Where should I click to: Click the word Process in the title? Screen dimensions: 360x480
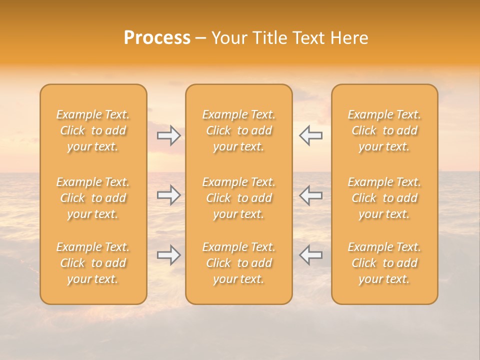tap(157, 38)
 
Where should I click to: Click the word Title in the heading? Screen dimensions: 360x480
tap(268, 38)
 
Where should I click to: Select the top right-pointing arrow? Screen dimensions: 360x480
tap(169, 135)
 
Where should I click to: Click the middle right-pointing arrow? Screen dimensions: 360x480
tap(169, 195)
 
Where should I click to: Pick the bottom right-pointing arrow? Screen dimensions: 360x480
tap(169, 255)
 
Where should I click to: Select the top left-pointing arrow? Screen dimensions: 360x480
tap(310, 135)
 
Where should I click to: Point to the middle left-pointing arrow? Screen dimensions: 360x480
tap(310, 195)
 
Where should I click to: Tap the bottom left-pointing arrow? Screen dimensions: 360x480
tap(310, 255)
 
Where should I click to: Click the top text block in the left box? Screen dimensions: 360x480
tap(93, 130)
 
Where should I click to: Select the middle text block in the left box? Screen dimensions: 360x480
tap(93, 198)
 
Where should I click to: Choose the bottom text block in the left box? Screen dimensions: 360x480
tap(93, 263)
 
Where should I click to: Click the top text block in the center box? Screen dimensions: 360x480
tap(238, 130)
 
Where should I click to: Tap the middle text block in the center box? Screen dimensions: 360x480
tap(238, 198)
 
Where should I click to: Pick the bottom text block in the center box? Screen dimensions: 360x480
tap(238, 263)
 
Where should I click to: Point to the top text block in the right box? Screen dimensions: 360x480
tap(384, 130)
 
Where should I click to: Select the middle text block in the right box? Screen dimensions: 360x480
tap(384, 198)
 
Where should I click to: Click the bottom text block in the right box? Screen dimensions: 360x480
tap(384, 263)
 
